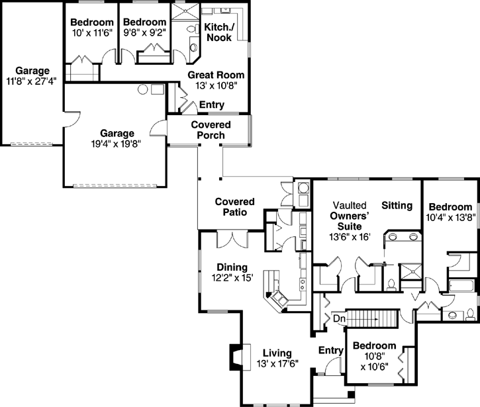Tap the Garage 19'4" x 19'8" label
[x=117, y=137]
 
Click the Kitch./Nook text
[x=218, y=32]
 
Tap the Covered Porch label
[x=211, y=130]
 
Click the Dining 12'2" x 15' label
[x=231, y=273]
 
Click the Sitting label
[x=397, y=205]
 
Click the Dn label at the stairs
[x=338, y=318]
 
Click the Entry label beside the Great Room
[x=211, y=105]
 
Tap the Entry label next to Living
[x=330, y=349]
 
